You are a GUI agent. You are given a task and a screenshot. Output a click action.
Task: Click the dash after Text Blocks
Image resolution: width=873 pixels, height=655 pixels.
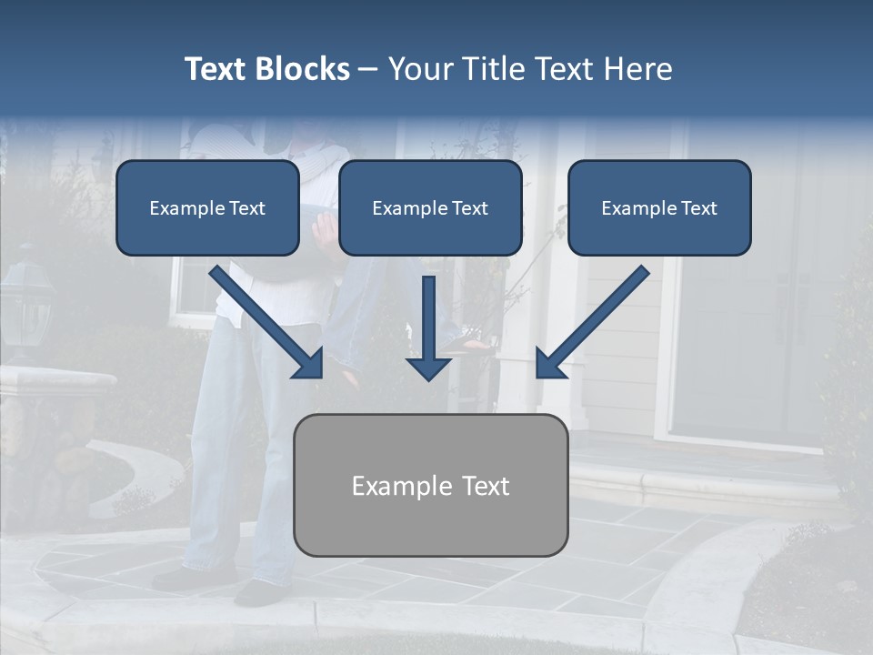click(x=368, y=70)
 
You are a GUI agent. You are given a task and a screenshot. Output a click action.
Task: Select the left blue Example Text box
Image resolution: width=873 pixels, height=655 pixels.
click(x=207, y=207)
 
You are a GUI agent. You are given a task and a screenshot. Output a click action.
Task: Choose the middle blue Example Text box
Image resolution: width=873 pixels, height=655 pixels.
click(x=430, y=207)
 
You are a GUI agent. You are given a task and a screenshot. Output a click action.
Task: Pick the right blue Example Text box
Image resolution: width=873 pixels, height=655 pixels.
click(x=659, y=207)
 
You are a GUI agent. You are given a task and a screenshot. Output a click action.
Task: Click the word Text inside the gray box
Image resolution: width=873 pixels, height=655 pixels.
click(x=486, y=486)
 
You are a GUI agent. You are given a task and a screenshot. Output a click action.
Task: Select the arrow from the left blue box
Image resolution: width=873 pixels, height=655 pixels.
click(x=267, y=322)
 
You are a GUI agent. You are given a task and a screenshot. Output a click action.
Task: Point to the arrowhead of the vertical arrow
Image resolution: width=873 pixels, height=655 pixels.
click(x=428, y=368)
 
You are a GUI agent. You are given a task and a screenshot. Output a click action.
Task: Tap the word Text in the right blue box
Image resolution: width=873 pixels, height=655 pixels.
click(x=698, y=208)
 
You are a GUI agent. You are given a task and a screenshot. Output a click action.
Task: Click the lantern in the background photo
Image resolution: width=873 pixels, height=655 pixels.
click(x=27, y=305)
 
